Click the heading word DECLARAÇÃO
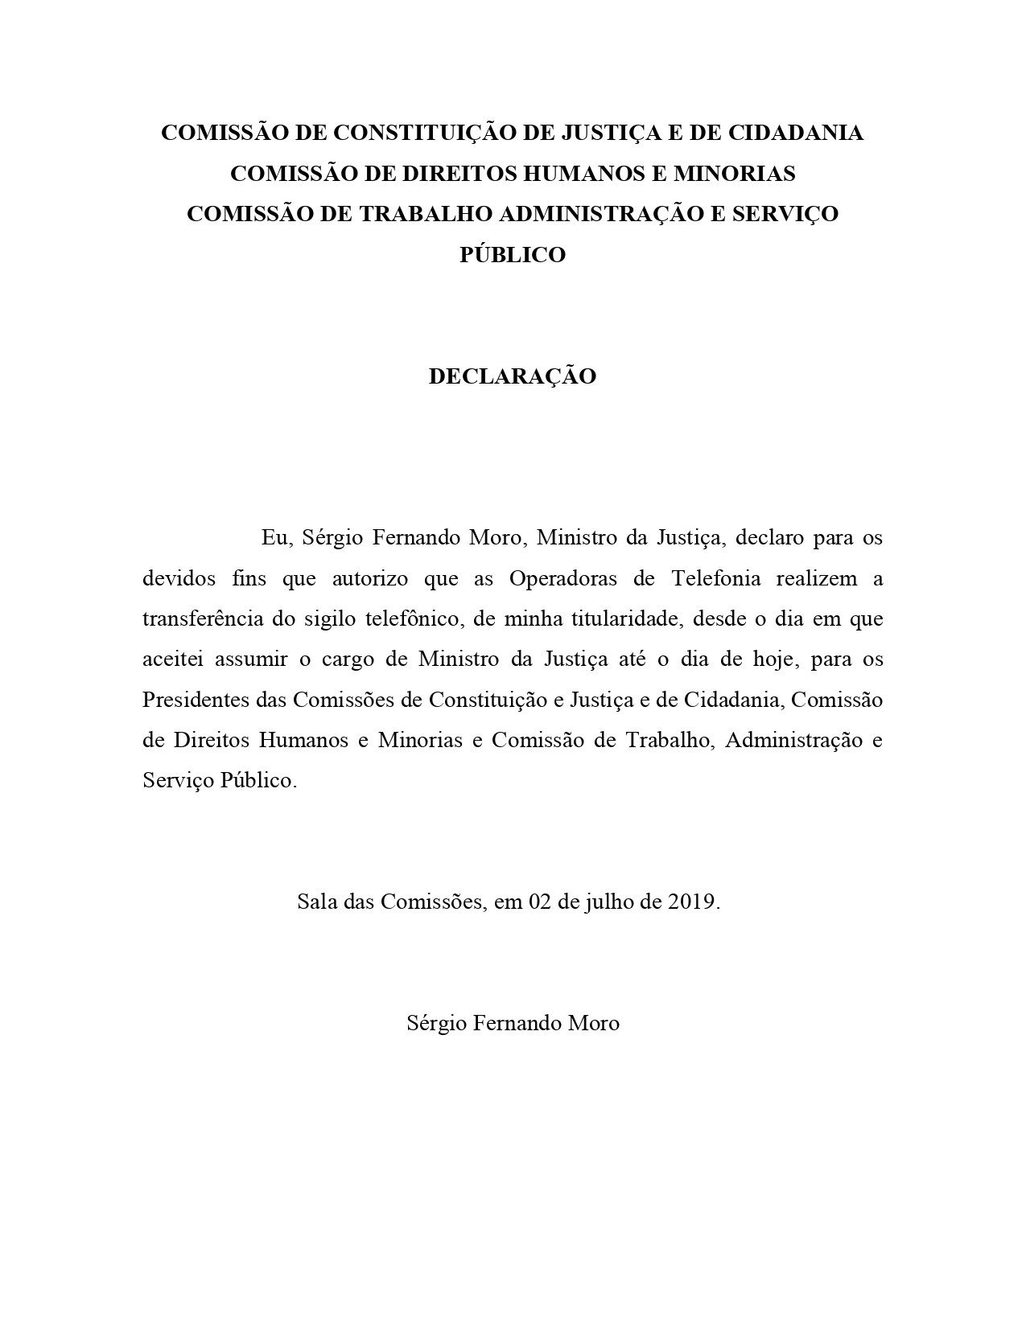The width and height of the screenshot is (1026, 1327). tap(513, 376)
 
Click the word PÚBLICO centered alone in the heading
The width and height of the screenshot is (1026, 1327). tap(513, 255)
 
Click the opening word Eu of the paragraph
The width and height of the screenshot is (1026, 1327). tap(273, 537)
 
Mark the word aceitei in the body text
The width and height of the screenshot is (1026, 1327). tap(169, 659)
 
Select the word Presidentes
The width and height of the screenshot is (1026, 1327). tap(196, 700)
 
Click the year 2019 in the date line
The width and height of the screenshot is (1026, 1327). tap(692, 902)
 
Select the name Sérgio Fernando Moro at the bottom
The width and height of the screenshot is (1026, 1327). tap(513, 1023)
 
